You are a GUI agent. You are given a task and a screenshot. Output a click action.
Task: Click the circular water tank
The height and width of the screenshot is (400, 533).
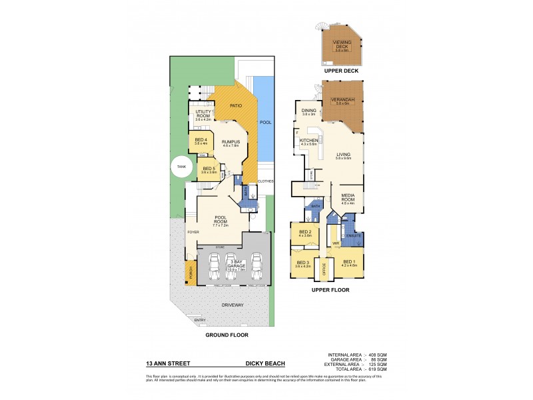(180, 167)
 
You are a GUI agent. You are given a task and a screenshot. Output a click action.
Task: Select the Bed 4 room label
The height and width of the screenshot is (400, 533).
(201, 141)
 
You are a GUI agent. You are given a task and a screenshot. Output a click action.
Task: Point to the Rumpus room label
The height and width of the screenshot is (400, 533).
(231, 141)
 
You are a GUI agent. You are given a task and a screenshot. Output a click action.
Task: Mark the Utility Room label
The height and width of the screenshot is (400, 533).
(203, 114)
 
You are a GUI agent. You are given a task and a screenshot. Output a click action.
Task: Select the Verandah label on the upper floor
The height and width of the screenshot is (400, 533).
(344, 100)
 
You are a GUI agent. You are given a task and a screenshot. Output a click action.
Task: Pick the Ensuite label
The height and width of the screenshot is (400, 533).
(353, 237)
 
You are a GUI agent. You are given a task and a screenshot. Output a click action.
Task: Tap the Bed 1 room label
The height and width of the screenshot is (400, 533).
(350, 262)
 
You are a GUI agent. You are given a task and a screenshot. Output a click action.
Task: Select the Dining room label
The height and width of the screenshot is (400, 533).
(308, 111)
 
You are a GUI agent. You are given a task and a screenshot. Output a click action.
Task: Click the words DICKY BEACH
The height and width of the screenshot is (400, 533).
(265, 363)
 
